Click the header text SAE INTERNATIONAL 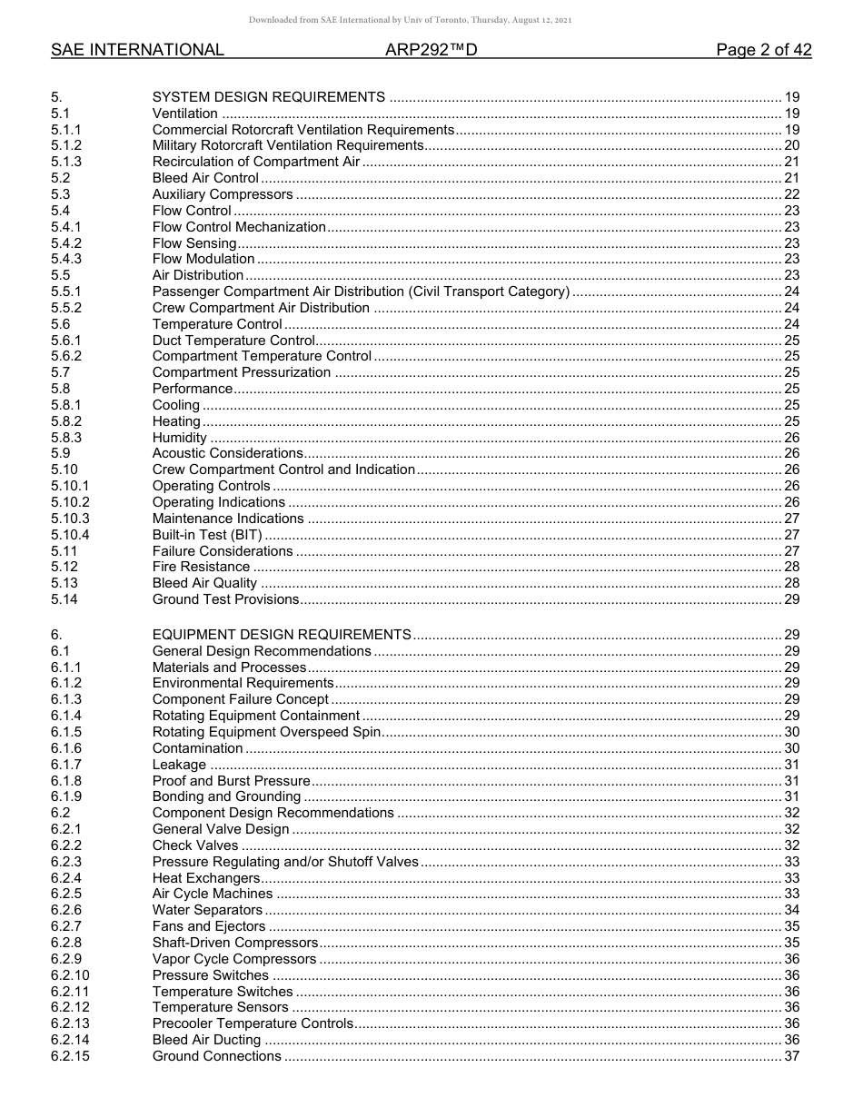137,50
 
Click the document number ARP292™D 431,50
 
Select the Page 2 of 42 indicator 763,50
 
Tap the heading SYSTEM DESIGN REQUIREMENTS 269,97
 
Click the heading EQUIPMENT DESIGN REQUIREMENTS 282,635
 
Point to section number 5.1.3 66,162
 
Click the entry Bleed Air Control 205,178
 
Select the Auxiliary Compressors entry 223,194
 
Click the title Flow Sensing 194,243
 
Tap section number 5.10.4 70,535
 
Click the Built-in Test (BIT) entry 208,535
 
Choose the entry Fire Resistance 201,567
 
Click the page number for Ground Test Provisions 791,599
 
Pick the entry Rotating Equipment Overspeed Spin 266,732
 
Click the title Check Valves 195,845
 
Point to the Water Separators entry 207,910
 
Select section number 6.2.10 70,975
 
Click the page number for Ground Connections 791,1056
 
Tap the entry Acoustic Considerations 227,453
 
